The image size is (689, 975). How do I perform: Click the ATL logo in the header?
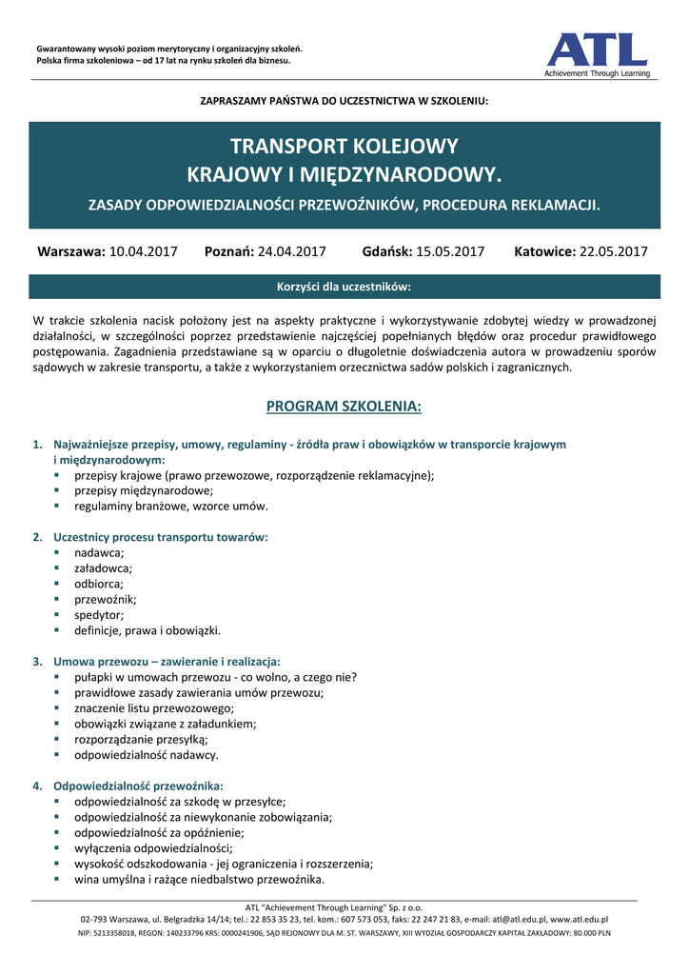pyautogui.click(x=597, y=53)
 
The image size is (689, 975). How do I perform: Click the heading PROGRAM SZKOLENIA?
pyautogui.click(x=344, y=407)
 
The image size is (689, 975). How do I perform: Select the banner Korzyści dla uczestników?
pyautogui.click(x=344, y=287)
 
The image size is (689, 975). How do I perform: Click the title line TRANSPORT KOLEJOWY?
pyautogui.click(x=344, y=147)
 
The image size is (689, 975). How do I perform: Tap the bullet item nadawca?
pyautogui.click(x=99, y=553)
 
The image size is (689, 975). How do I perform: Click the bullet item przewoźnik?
pyautogui.click(x=106, y=600)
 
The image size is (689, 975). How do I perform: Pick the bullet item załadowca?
pyautogui.click(x=103, y=568)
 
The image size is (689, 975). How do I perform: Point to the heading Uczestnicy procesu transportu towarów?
pyautogui.click(x=161, y=537)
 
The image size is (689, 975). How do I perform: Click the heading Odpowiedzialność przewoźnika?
pyautogui.click(x=139, y=786)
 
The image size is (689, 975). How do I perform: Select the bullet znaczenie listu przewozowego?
pyautogui.click(x=154, y=708)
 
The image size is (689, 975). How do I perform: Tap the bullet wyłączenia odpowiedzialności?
pyautogui.click(x=153, y=847)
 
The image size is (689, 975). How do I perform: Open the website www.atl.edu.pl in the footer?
pyautogui.click(x=580, y=920)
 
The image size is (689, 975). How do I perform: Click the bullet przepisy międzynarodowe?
pyautogui.click(x=144, y=490)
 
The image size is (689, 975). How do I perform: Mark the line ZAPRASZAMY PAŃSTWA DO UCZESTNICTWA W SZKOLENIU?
pyautogui.click(x=344, y=101)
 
